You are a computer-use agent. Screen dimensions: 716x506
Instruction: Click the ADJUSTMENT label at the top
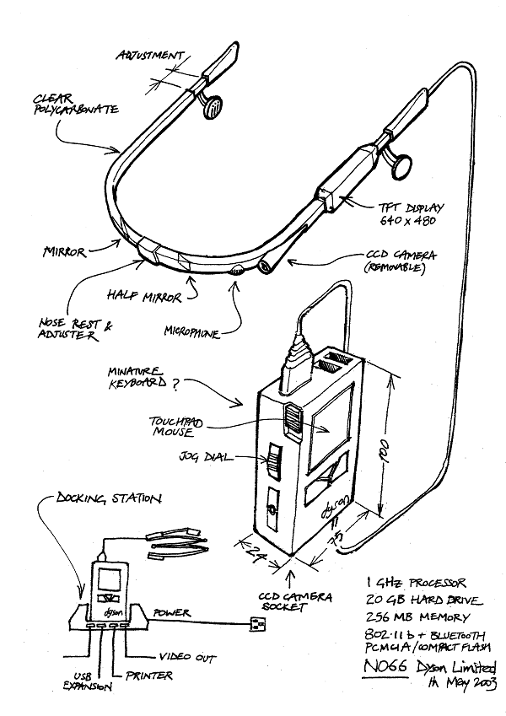tap(151, 56)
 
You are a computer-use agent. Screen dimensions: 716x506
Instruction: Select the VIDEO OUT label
tap(186, 657)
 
